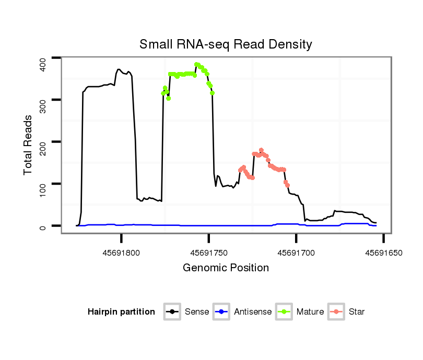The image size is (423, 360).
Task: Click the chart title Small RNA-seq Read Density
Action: pos(226,44)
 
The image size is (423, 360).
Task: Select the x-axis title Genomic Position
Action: pos(226,268)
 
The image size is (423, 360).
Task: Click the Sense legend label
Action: pos(197,312)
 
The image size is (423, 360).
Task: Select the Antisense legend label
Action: pos(253,312)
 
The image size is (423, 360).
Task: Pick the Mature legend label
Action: pos(310,312)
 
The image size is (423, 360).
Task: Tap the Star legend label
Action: pos(357,312)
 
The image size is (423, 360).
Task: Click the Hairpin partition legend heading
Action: pos(121,312)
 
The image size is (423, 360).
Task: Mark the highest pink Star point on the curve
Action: pos(261,150)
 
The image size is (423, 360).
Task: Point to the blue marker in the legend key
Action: pos(222,312)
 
